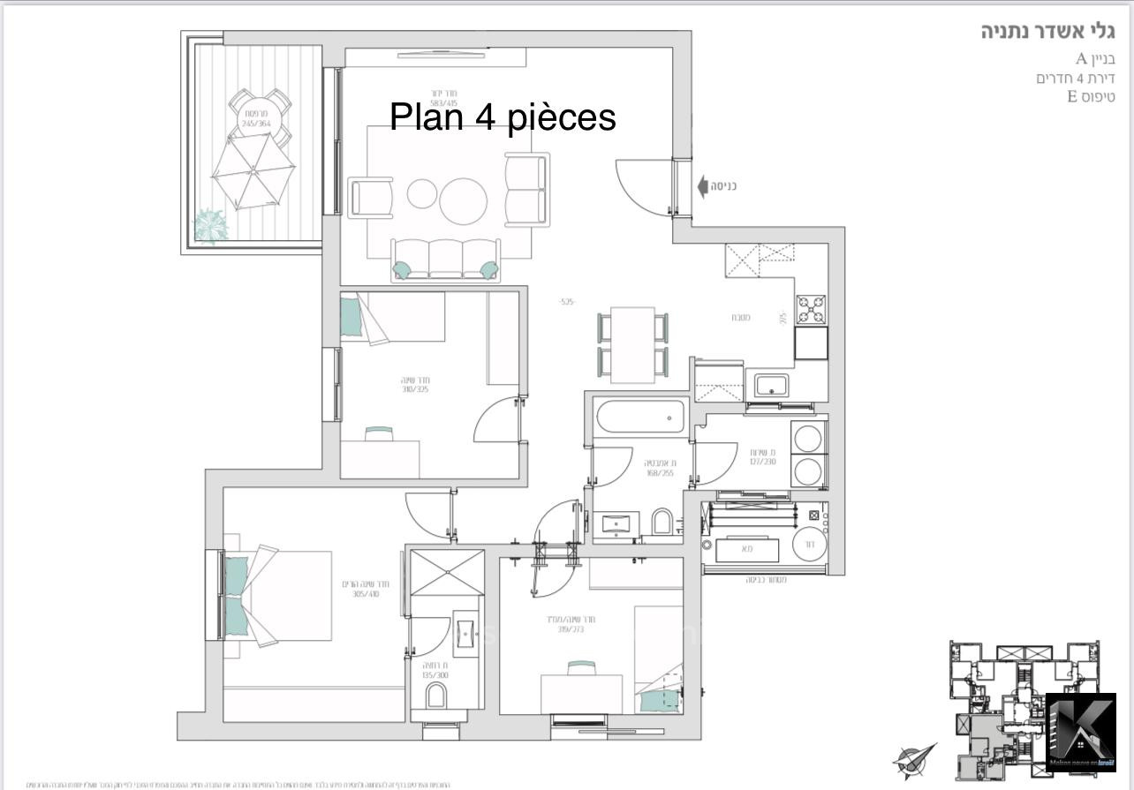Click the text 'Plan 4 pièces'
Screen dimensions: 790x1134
503,117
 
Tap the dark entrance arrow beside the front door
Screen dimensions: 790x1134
703,186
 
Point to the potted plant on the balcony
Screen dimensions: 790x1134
211,226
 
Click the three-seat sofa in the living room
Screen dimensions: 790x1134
445,260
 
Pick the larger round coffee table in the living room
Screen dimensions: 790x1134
464,202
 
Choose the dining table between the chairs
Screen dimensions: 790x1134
632,343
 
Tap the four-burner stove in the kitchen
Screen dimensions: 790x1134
811,310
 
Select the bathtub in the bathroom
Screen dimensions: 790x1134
640,416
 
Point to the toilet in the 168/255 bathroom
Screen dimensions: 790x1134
662,523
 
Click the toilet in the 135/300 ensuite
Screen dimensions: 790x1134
437,698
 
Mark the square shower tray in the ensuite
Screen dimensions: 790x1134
447,572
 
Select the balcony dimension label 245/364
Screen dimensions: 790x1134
255,124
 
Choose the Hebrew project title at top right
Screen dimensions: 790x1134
1047,32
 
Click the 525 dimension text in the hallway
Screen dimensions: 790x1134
567,302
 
